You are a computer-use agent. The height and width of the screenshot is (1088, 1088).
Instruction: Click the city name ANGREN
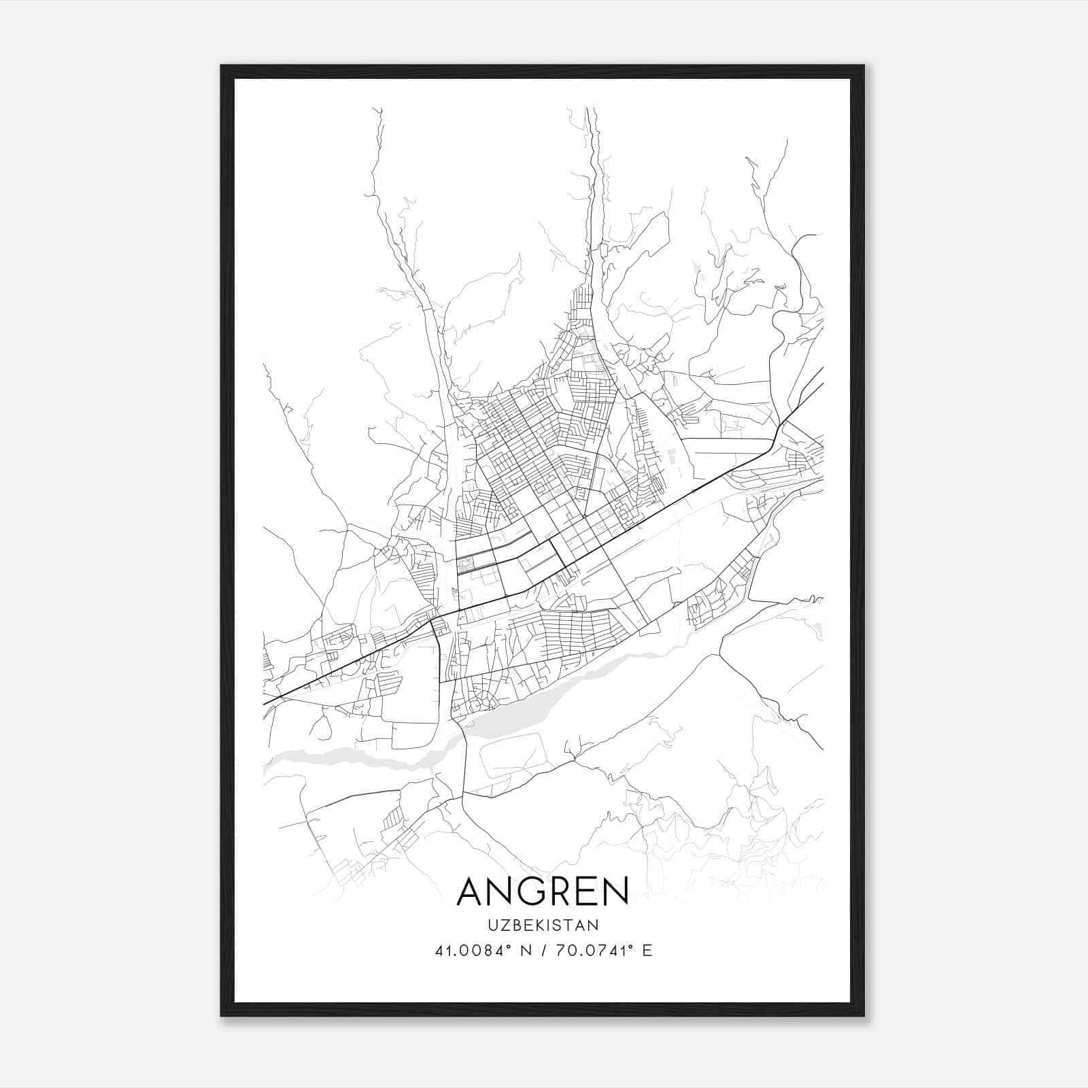coord(543,891)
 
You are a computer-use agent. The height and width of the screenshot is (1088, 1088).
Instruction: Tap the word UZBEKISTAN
coord(543,925)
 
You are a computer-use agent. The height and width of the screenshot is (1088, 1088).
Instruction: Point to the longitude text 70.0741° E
coord(604,951)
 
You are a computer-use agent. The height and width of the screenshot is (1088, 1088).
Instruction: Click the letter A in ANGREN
coord(471,891)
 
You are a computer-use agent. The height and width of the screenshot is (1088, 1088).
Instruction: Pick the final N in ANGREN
coord(614,891)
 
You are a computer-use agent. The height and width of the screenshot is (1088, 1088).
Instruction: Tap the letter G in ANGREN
coord(530,891)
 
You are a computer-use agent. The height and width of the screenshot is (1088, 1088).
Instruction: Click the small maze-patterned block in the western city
coord(464,564)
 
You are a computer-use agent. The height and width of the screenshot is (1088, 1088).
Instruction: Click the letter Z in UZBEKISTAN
coord(503,925)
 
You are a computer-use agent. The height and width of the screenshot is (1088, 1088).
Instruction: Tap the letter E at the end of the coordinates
coord(647,951)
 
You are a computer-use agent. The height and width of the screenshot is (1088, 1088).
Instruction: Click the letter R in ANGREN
coord(557,891)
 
